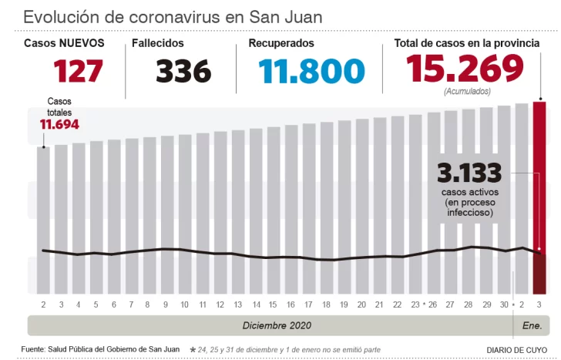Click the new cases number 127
[78, 72]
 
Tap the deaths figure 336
[183, 72]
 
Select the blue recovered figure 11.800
[311, 72]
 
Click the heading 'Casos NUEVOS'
[64, 44]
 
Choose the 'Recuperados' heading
[280, 44]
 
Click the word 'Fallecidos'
[159, 44]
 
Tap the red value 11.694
[59, 124]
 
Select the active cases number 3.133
[469, 172]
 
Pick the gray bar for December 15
[255, 208]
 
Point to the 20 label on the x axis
[361, 305]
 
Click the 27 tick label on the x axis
[449, 305]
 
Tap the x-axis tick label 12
[220, 305]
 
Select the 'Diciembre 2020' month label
[277, 325]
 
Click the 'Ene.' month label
[532, 325]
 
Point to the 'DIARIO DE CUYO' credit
[516, 350]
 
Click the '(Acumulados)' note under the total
[465, 91]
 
